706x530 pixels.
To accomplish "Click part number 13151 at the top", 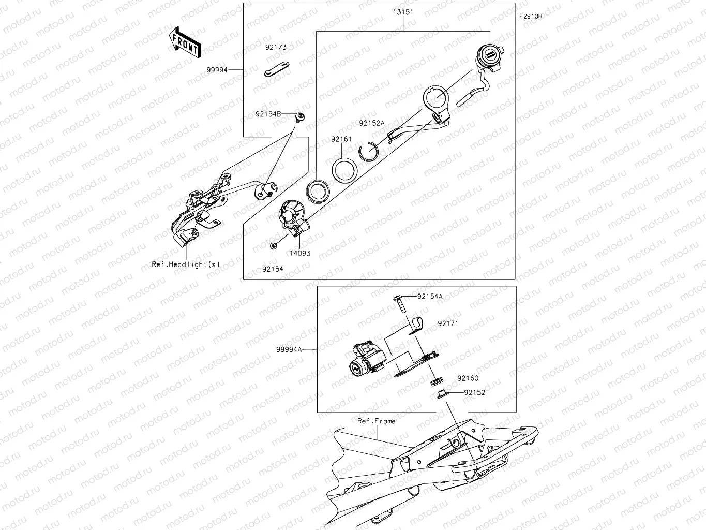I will (403, 12).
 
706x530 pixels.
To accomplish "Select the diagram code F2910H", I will (531, 17).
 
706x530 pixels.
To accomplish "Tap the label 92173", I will (276, 47).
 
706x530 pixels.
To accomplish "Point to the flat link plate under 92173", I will (276, 70).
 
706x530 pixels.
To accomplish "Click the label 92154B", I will (268, 114).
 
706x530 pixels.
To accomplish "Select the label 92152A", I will (372, 123).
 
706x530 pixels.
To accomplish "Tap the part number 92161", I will (341, 139).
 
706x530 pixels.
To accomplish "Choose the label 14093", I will (300, 254).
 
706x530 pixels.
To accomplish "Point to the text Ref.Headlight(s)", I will (186, 264).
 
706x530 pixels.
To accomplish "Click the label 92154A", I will (430, 297).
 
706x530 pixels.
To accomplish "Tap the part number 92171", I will (448, 323).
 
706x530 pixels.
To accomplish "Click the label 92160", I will (468, 378).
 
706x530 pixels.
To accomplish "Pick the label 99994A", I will (289, 349).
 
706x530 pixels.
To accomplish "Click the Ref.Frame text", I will (376, 421).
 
